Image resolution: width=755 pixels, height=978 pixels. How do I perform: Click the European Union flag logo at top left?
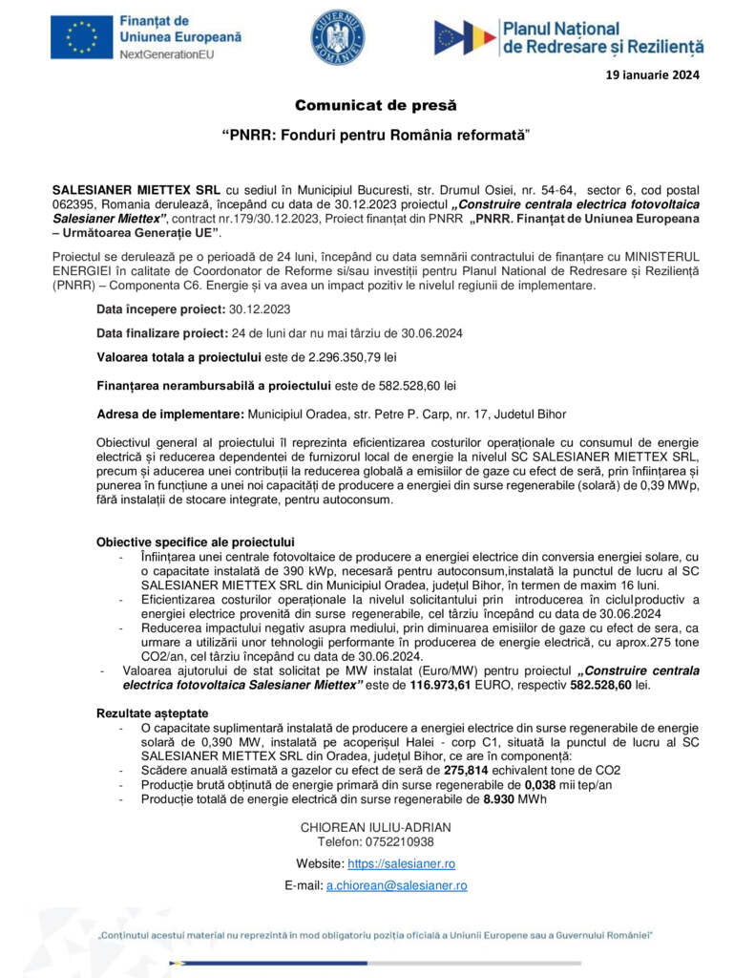pos(81,38)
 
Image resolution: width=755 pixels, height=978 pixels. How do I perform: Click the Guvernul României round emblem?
pos(337,38)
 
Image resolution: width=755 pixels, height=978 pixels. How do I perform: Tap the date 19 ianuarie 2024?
pos(654,75)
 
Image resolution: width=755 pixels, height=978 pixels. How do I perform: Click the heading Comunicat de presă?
pos(376,105)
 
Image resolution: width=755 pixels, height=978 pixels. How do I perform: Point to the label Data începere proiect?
pos(159,309)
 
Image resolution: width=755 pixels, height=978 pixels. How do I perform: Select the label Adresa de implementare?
pos(170,415)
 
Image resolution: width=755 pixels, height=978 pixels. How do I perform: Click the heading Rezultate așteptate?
pos(151,713)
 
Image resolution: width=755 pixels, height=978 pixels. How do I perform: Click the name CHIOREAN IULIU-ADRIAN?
pos(376,827)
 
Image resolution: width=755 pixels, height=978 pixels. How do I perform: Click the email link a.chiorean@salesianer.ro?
pos(397,885)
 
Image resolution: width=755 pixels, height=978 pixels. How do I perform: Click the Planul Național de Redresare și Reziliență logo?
pos(568,38)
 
